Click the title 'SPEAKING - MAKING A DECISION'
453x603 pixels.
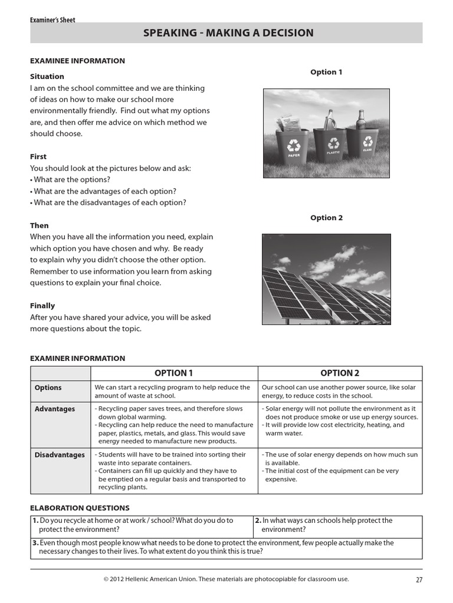tap(228, 34)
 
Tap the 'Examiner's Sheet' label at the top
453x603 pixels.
tap(52, 20)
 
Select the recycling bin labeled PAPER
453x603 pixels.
tap(293, 148)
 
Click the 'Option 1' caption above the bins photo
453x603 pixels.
tap(326, 72)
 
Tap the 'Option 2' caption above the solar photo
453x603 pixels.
tap(326, 218)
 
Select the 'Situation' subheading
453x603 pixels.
tap(47, 77)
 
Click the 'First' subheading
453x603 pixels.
tap(38, 157)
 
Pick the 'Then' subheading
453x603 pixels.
tap(40, 226)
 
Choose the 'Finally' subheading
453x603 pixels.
tap(42, 306)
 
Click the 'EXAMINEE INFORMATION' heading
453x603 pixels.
tap(77, 61)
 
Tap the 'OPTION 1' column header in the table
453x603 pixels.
tap(173, 373)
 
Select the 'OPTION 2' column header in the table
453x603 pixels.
tap(340, 373)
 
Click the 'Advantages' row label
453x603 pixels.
tap(55, 409)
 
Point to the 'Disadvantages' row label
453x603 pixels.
tap(60, 455)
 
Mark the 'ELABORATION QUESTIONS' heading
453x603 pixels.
tap(80, 508)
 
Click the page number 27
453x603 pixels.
tap(419, 579)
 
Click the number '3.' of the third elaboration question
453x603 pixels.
tap(35, 543)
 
